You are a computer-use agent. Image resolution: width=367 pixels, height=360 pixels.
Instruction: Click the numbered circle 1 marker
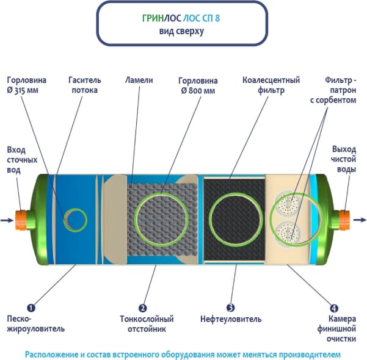tap(31, 308)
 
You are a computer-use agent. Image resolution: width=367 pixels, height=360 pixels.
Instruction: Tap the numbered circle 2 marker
tap(143, 308)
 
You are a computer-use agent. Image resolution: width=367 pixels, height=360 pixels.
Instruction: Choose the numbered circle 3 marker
tap(230, 308)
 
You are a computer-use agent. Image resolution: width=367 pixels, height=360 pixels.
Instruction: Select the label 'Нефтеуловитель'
tap(231, 319)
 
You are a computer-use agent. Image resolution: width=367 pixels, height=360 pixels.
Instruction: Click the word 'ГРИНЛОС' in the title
tap(159, 18)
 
